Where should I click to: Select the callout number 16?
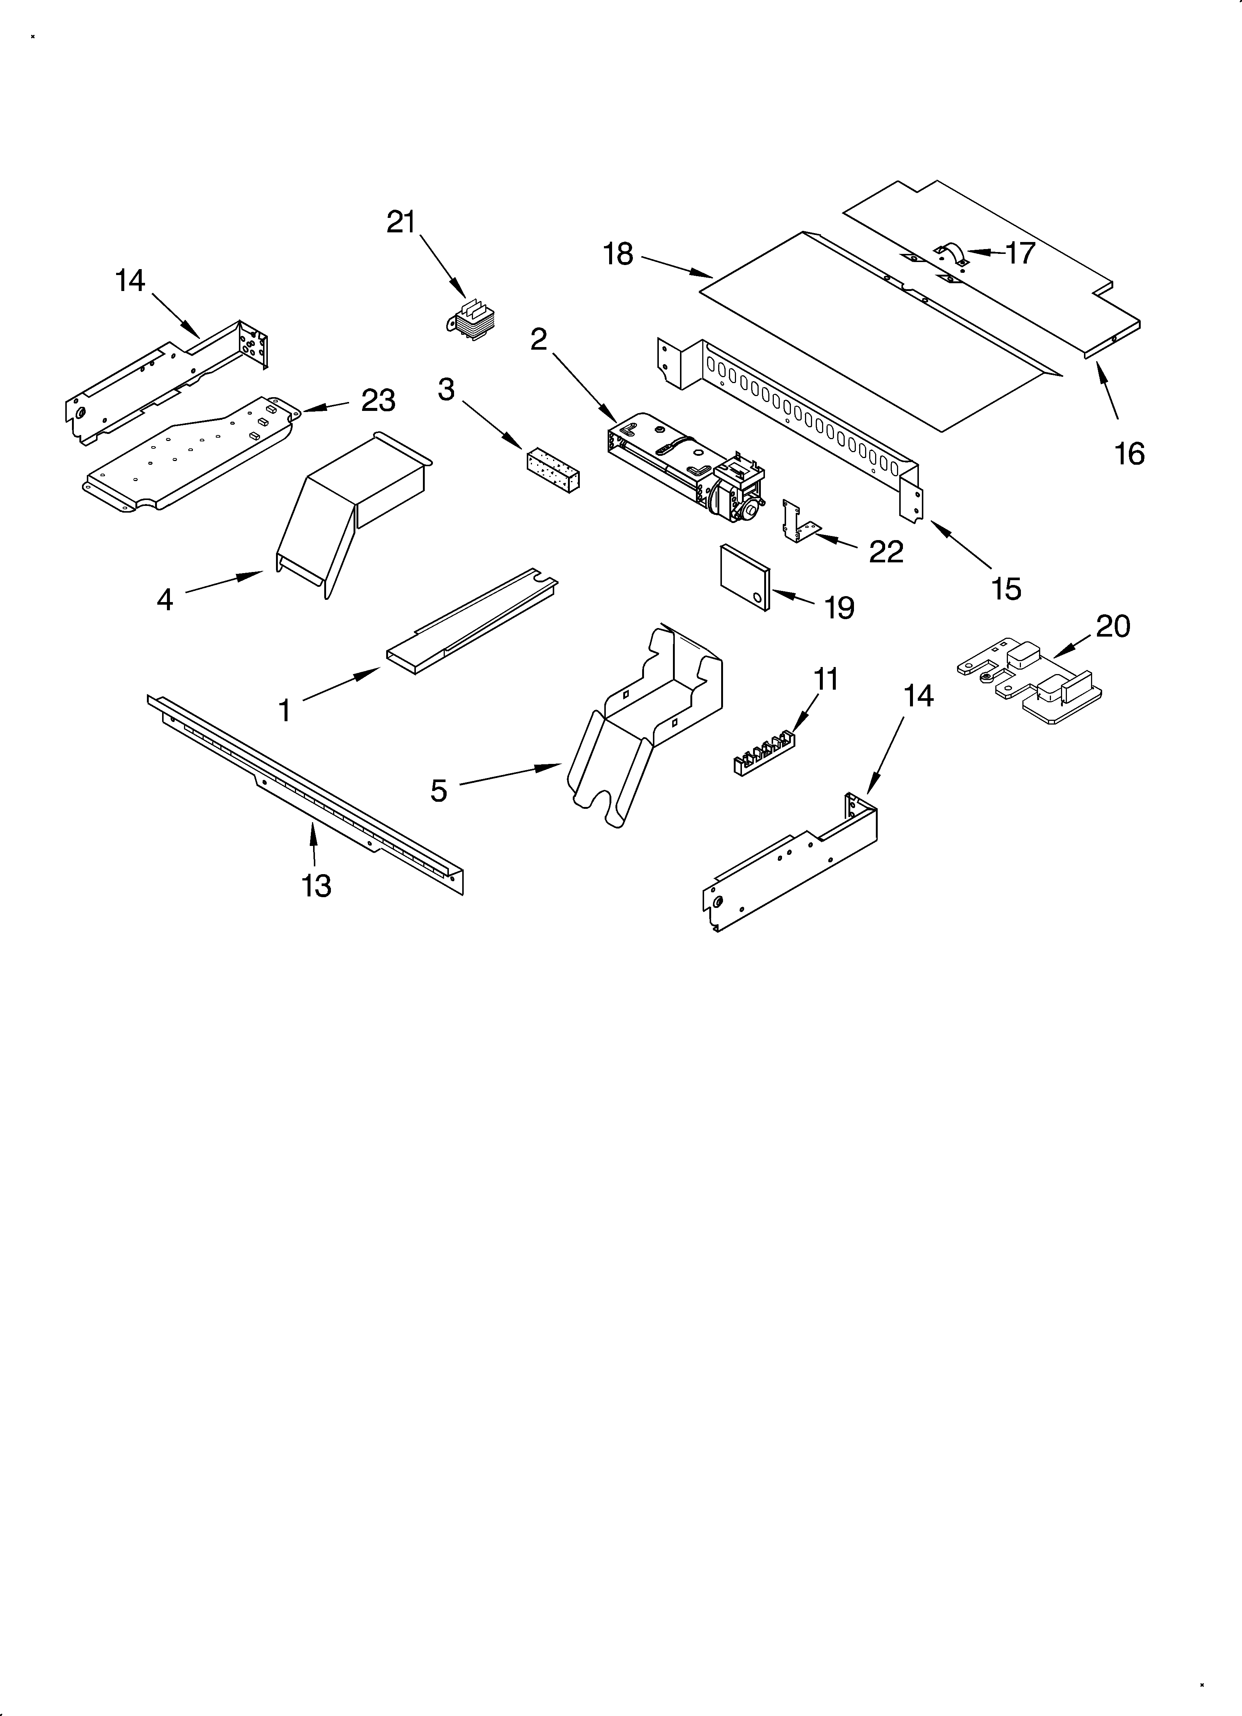click(x=1129, y=454)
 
